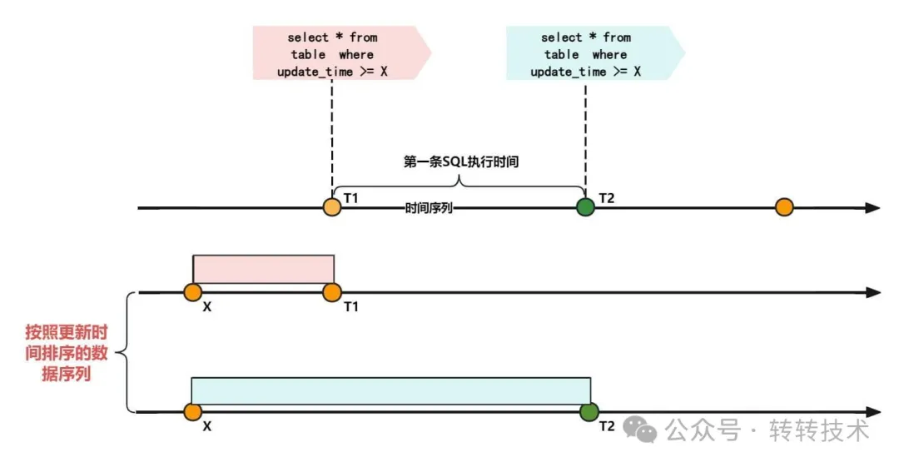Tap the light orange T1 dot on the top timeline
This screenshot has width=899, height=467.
332,206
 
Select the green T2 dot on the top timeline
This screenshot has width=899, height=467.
585,206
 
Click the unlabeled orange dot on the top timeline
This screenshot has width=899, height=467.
784,206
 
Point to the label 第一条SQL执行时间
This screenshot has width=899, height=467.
460,162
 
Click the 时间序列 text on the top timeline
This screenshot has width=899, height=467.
429,208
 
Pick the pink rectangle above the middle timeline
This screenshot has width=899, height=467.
263,269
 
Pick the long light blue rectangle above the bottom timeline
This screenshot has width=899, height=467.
390,391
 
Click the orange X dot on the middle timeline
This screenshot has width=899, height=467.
193,292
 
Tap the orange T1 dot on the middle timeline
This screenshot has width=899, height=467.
332,292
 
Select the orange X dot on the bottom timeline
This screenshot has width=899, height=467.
193,411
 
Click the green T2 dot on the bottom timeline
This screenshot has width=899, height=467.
589,411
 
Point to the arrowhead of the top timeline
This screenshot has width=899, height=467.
872,207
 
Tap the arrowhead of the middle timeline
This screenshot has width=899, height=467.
872,292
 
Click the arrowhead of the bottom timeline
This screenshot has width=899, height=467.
872,411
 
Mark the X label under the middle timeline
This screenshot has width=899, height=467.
206,306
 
